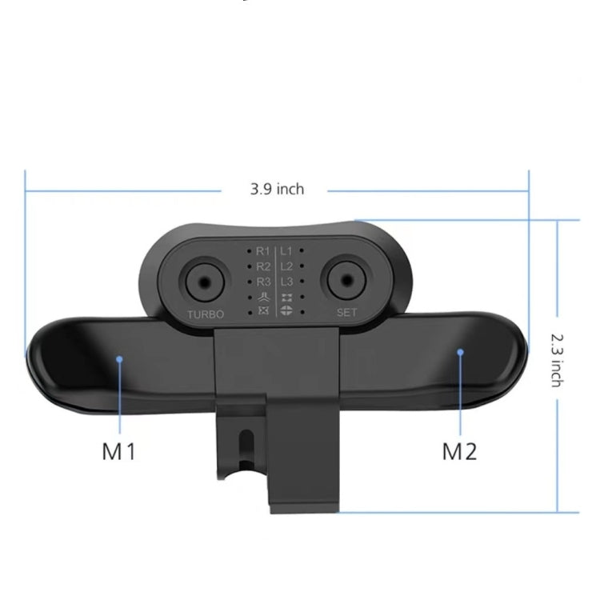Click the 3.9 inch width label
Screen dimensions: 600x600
point(277,190)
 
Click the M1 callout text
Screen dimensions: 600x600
point(119,451)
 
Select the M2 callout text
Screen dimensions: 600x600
point(460,451)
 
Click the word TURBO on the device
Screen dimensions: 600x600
point(205,314)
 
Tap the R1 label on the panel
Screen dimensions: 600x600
point(264,250)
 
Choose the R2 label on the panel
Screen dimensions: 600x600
point(264,266)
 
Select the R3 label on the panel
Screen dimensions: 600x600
point(264,281)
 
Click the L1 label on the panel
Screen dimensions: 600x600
point(286,250)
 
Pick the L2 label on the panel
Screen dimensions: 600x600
point(286,266)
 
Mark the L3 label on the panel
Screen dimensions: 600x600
point(286,281)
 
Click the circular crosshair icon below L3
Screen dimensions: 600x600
point(286,310)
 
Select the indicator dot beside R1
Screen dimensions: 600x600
point(250,250)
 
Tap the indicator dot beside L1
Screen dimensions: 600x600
point(301,250)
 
